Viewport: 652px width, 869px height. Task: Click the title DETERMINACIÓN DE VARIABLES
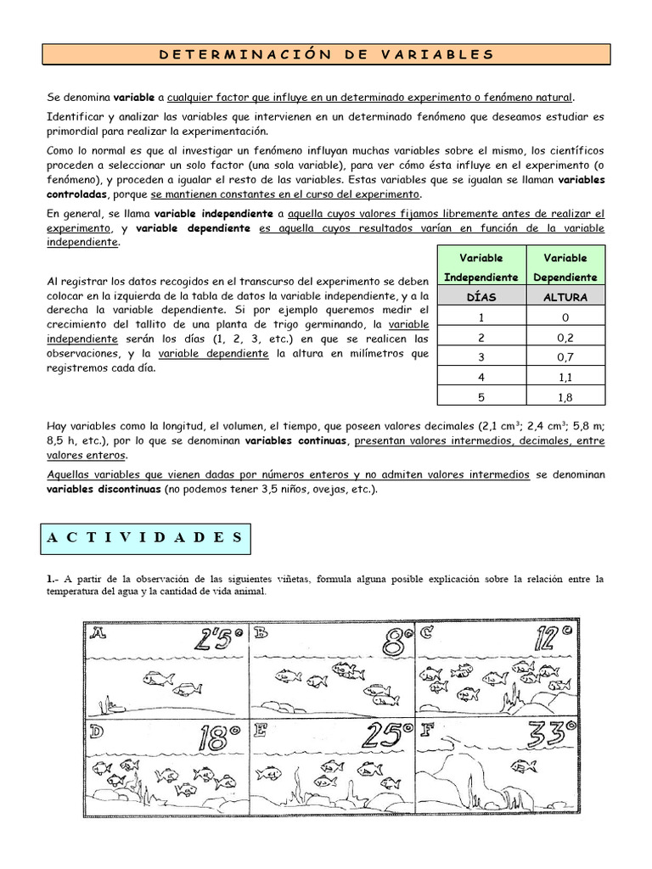(x=326, y=54)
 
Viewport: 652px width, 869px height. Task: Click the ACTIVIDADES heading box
(x=143, y=538)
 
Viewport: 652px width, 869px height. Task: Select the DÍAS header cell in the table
(x=481, y=297)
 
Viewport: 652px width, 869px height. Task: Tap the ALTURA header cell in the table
(x=565, y=297)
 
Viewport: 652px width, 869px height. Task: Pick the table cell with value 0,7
(x=565, y=356)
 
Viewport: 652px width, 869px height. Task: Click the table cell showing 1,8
(x=565, y=395)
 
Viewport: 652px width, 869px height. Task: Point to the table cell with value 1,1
(x=565, y=376)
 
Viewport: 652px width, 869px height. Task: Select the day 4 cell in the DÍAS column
(x=481, y=376)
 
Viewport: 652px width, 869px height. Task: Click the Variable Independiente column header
(x=481, y=266)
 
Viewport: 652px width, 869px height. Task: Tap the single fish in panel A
(x=159, y=678)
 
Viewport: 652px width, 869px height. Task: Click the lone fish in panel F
(x=523, y=765)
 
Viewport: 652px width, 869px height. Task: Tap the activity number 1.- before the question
(x=53, y=579)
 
